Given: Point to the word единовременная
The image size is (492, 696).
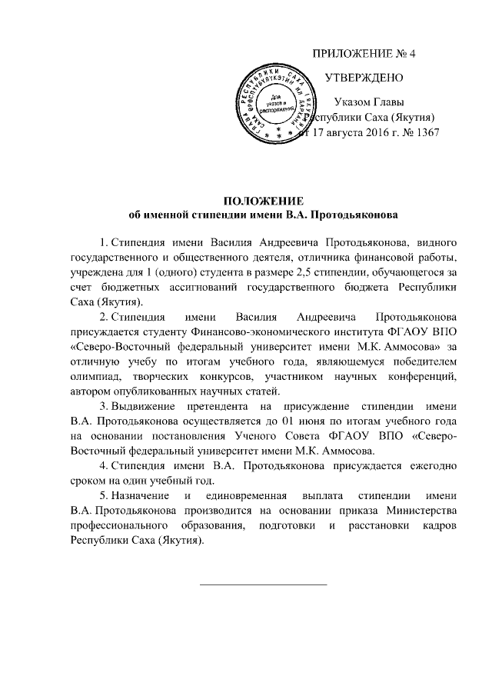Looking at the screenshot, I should (x=244, y=495).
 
